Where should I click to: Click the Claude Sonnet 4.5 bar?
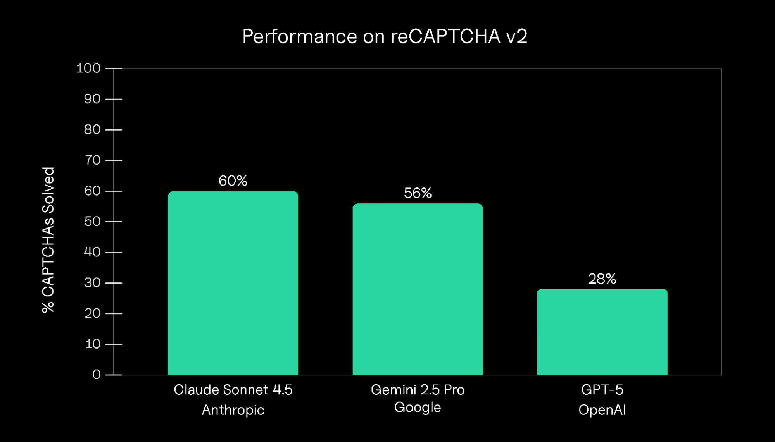pyautogui.click(x=233, y=283)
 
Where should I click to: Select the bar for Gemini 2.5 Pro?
pyautogui.click(x=418, y=289)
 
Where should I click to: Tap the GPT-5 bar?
pyautogui.click(x=602, y=332)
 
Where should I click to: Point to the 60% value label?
pyautogui.click(x=233, y=181)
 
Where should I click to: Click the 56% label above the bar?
pyautogui.click(x=418, y=193)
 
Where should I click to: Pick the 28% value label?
pyautogui.click(x=602, y=279)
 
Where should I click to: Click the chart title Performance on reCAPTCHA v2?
pyautogui.click(x=385, y=36)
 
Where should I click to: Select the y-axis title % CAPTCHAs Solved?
pyautogui.click(x=48, y=240)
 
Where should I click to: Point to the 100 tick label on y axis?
pyautogui.click(x=88, y=69)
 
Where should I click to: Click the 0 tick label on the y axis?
pyautogui.click(x=97, y=375)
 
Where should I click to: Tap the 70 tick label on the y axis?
pyautogui.click(x=92, y=160)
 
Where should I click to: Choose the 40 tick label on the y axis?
pyautogui.click(x=92, y=252)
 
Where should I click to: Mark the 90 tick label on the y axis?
pyautogui.click(x=92, y=99)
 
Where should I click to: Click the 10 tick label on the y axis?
pyautogui.click(x=92, y=344)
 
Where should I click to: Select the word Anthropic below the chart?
pyautogui.click(x=233, y=410)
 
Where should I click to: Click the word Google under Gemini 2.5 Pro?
pyautogui.click(x=418, y=408)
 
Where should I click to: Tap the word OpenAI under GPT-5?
pyautogui.click(x=602, y=410)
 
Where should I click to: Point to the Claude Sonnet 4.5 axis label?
pyautogui.click(x=233, y=390)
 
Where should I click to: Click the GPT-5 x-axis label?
pyautogui.click(x=602, y=390)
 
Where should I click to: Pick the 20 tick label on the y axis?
pyautogui.click(x=92, y=313)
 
